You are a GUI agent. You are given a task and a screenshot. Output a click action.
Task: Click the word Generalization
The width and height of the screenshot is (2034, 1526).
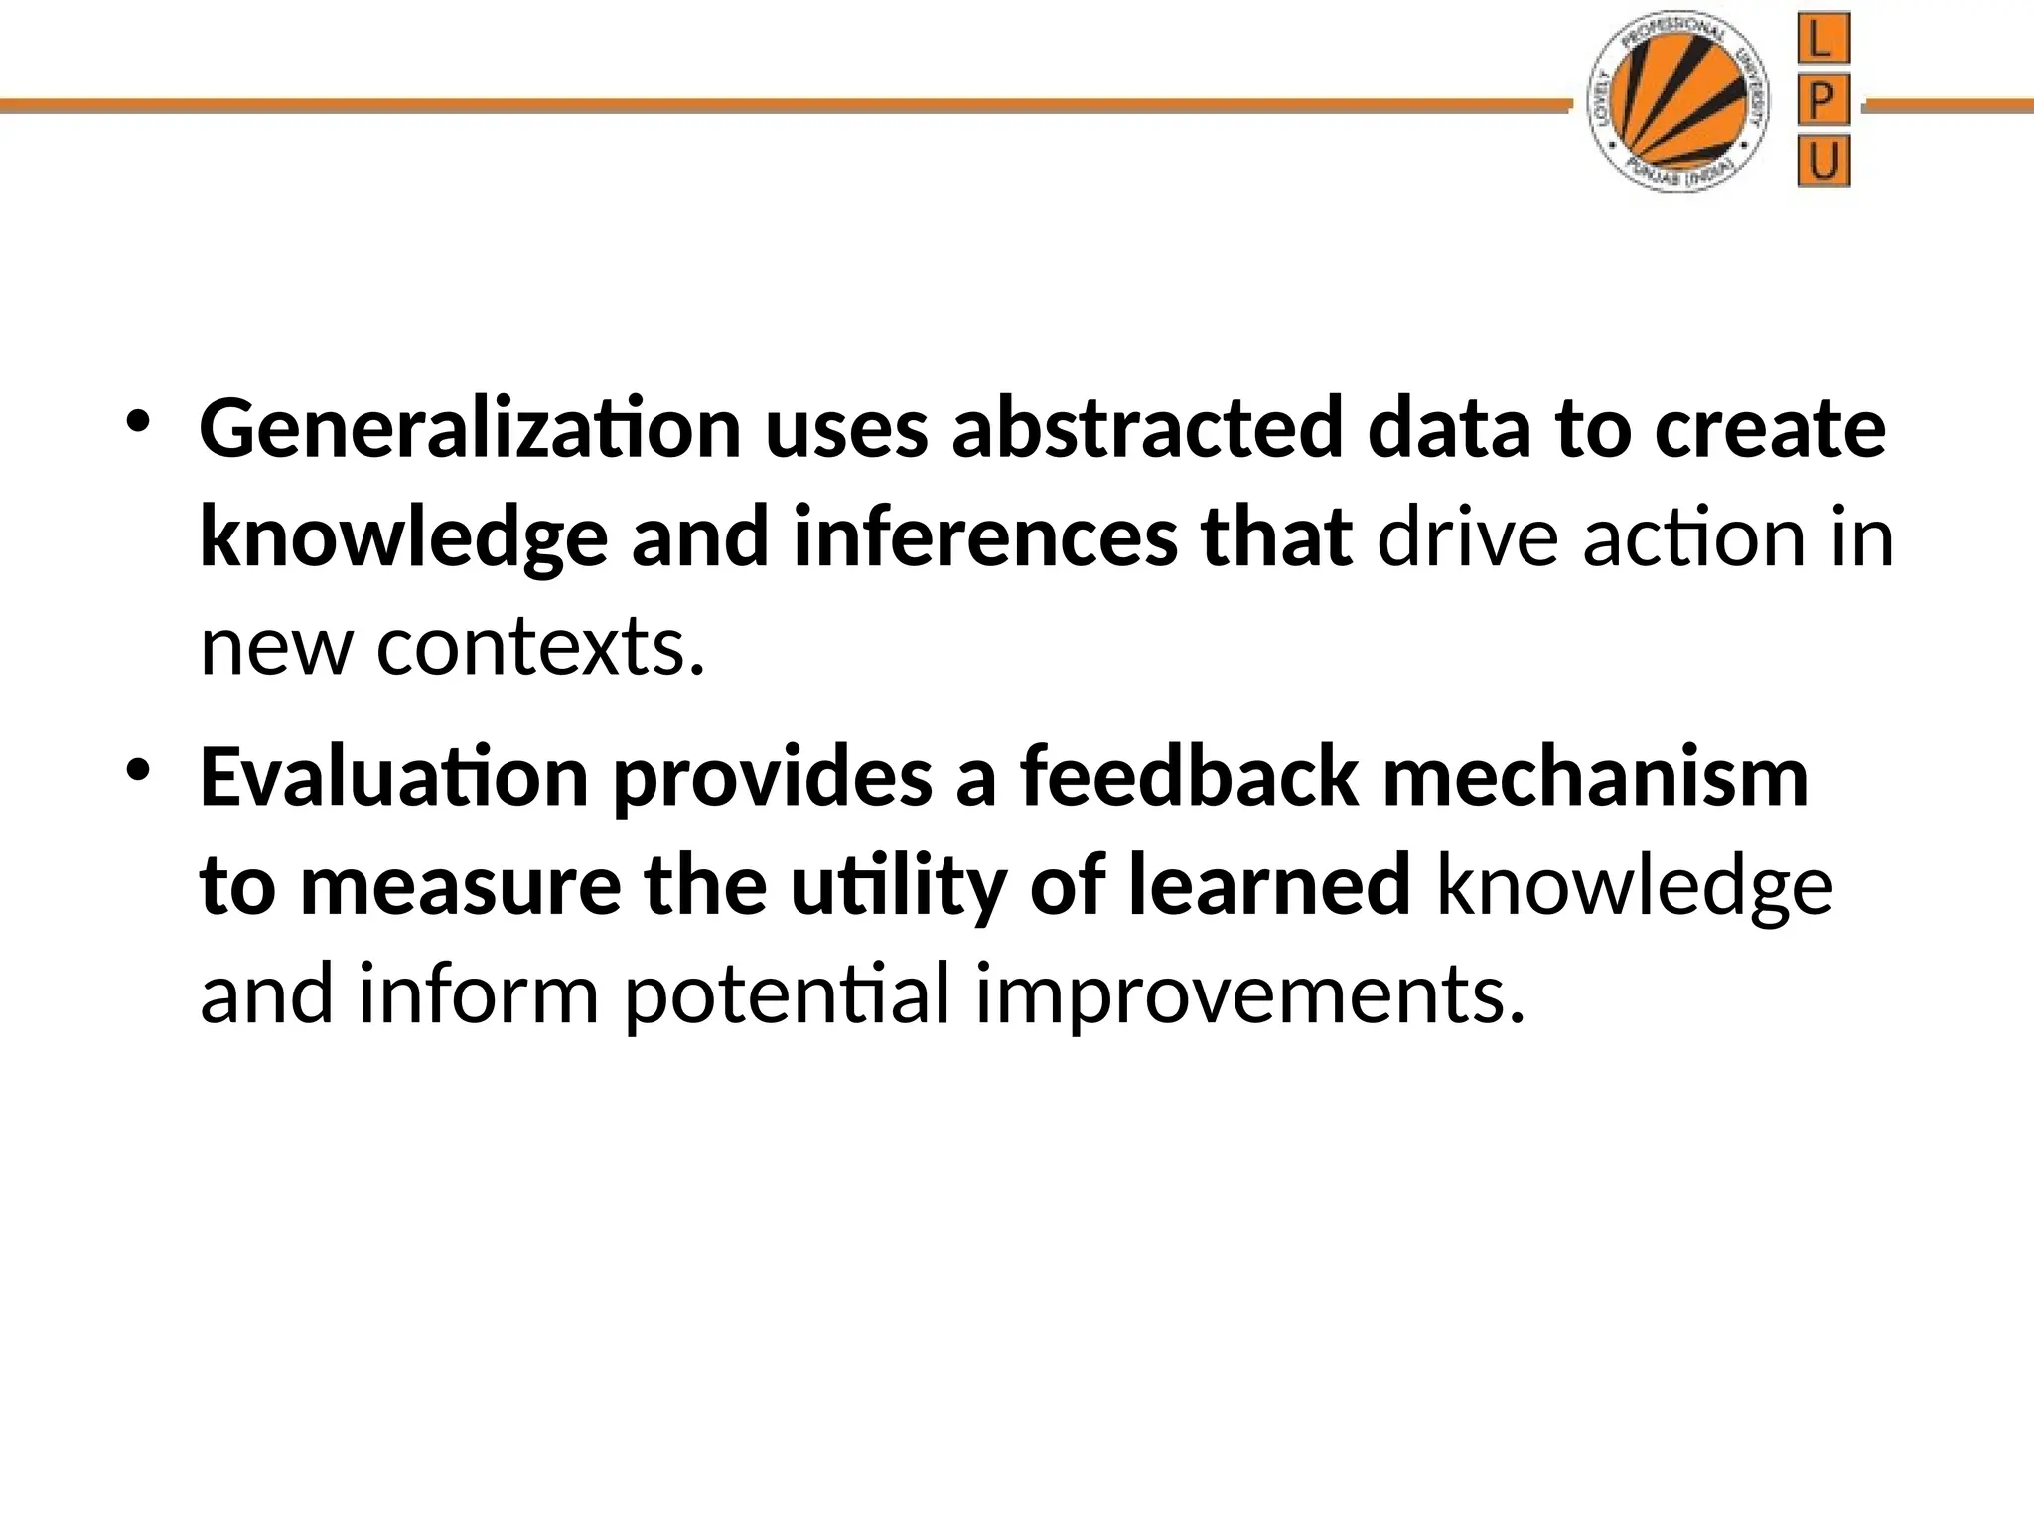pyautogui.click(x=470, y=429)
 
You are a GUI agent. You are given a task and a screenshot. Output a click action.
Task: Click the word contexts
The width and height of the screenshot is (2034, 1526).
pyautogui.click(x=541, y=648)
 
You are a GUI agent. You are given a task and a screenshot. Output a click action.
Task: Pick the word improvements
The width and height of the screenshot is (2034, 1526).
pyautogui.click(x=1249, y=995)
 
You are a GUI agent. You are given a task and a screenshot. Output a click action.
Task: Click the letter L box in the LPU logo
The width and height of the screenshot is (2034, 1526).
pyautogui.click(x=1823, y=43)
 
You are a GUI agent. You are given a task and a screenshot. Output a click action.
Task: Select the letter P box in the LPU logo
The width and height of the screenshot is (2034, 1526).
pyautogui.click(x=1823, y=102)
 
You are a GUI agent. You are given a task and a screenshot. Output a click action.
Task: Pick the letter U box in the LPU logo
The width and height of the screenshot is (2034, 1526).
pyautogui.click(x=1823, y=162)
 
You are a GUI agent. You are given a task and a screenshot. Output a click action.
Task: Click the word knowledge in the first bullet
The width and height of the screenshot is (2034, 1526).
pyautogui.click(x=403, y=538)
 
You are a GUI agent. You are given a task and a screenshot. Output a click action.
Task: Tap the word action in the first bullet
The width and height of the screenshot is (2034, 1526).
pyautogui.click(x=1693, y=538)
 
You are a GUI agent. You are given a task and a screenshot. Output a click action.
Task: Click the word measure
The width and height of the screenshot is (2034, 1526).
pyautogui.click(x=460, y=886)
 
